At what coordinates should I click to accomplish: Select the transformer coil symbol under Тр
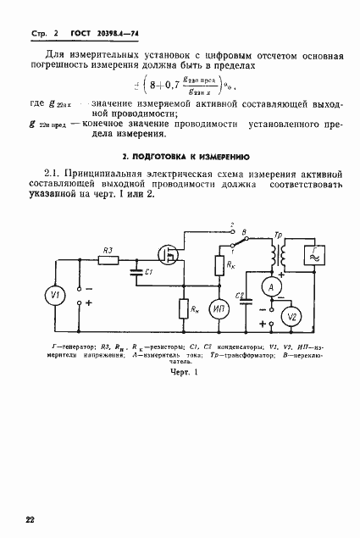[274, 253]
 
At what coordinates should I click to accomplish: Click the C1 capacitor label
[148, 271]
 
